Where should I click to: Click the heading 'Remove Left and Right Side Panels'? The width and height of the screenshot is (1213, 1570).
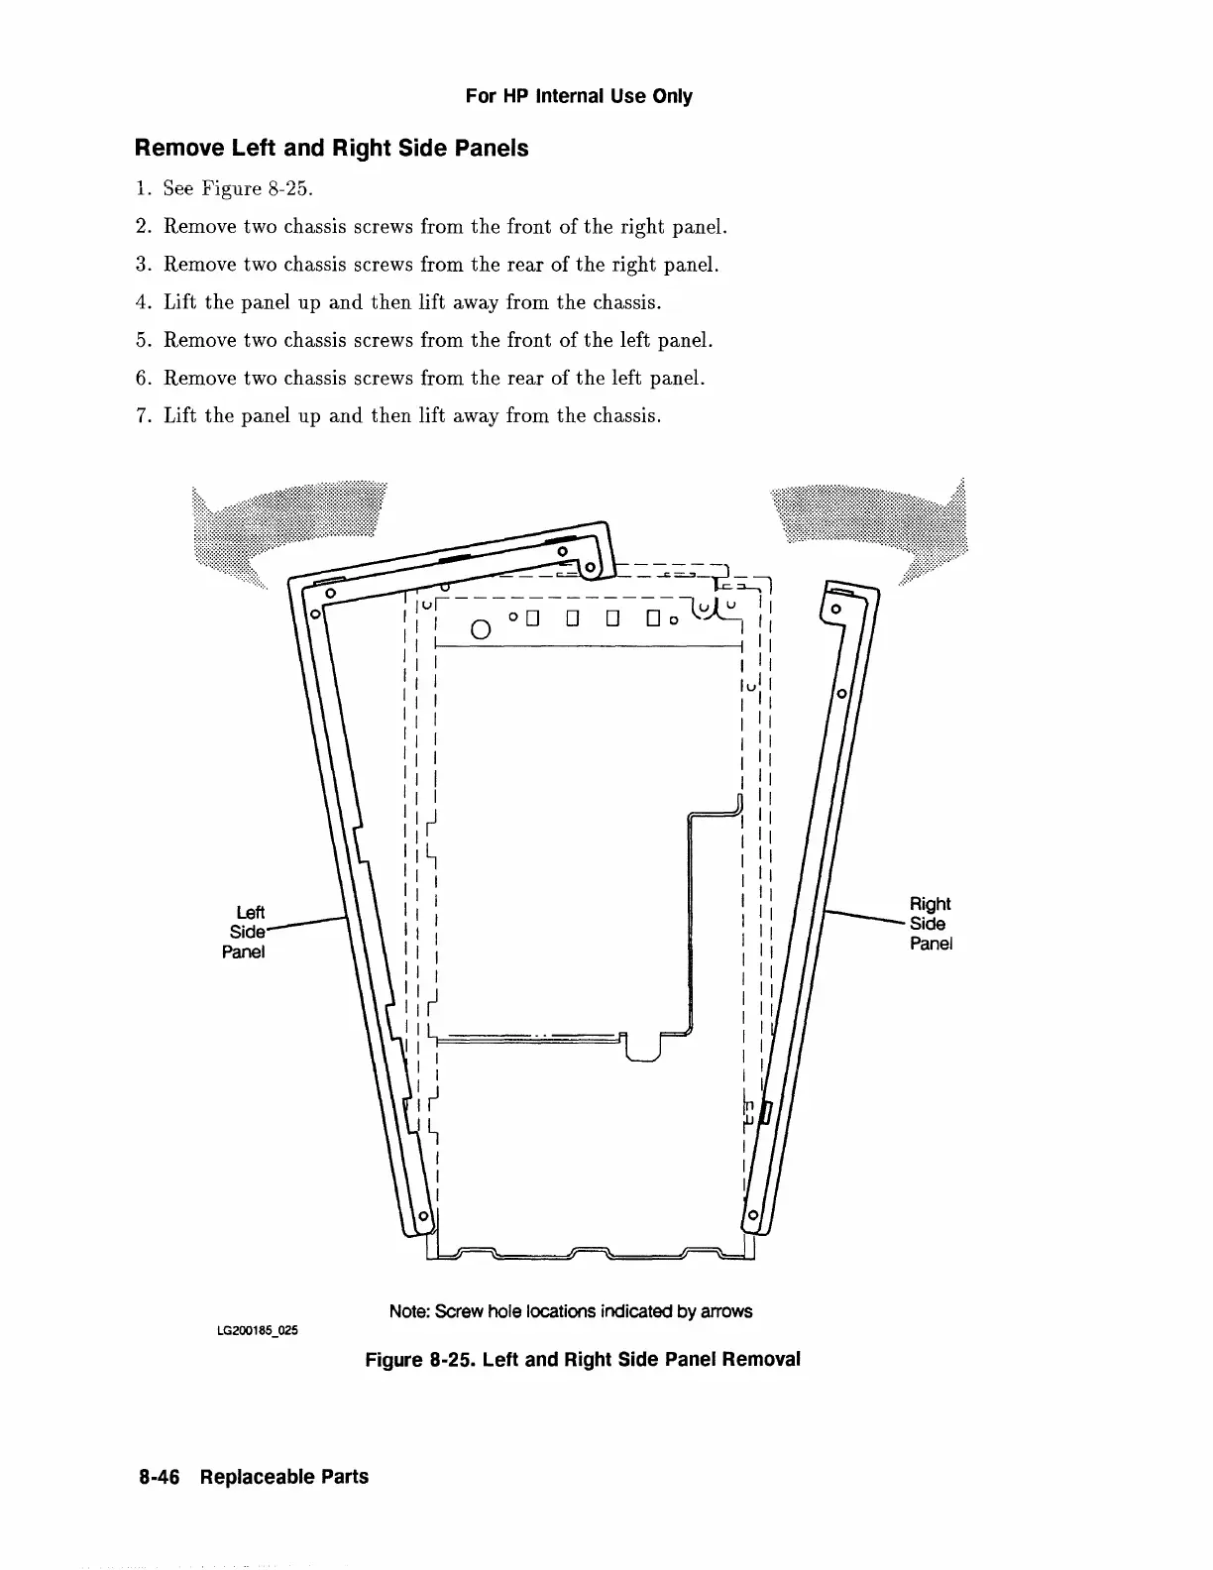coord(331,149)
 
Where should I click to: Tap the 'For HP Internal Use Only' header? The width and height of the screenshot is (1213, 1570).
coord(579,96)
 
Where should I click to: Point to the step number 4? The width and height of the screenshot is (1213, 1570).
coord(141,302)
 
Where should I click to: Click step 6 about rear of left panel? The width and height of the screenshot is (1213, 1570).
coord(434,378)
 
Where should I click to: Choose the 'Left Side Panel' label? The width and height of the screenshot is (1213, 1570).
coord(245,932)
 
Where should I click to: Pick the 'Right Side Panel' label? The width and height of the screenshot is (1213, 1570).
coord(931,923)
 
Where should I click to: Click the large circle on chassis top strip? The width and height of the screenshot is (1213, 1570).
coord(480,629)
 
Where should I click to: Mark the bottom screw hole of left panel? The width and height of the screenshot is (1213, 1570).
coord(423,1215)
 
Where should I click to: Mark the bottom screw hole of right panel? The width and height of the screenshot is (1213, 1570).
coord(753,1215)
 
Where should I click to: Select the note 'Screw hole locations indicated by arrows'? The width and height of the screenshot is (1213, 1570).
coord(570,1311)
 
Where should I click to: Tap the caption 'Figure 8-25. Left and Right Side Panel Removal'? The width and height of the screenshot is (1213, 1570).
coord(582,1359)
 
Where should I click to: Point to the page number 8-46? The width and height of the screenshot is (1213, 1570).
coord(164,1477)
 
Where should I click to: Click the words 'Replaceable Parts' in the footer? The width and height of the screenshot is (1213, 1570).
coord(283,1477)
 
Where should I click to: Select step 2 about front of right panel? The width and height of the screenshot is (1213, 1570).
coord(445,227)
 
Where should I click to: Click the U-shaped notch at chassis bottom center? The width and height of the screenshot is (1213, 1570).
coord(645,1049)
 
